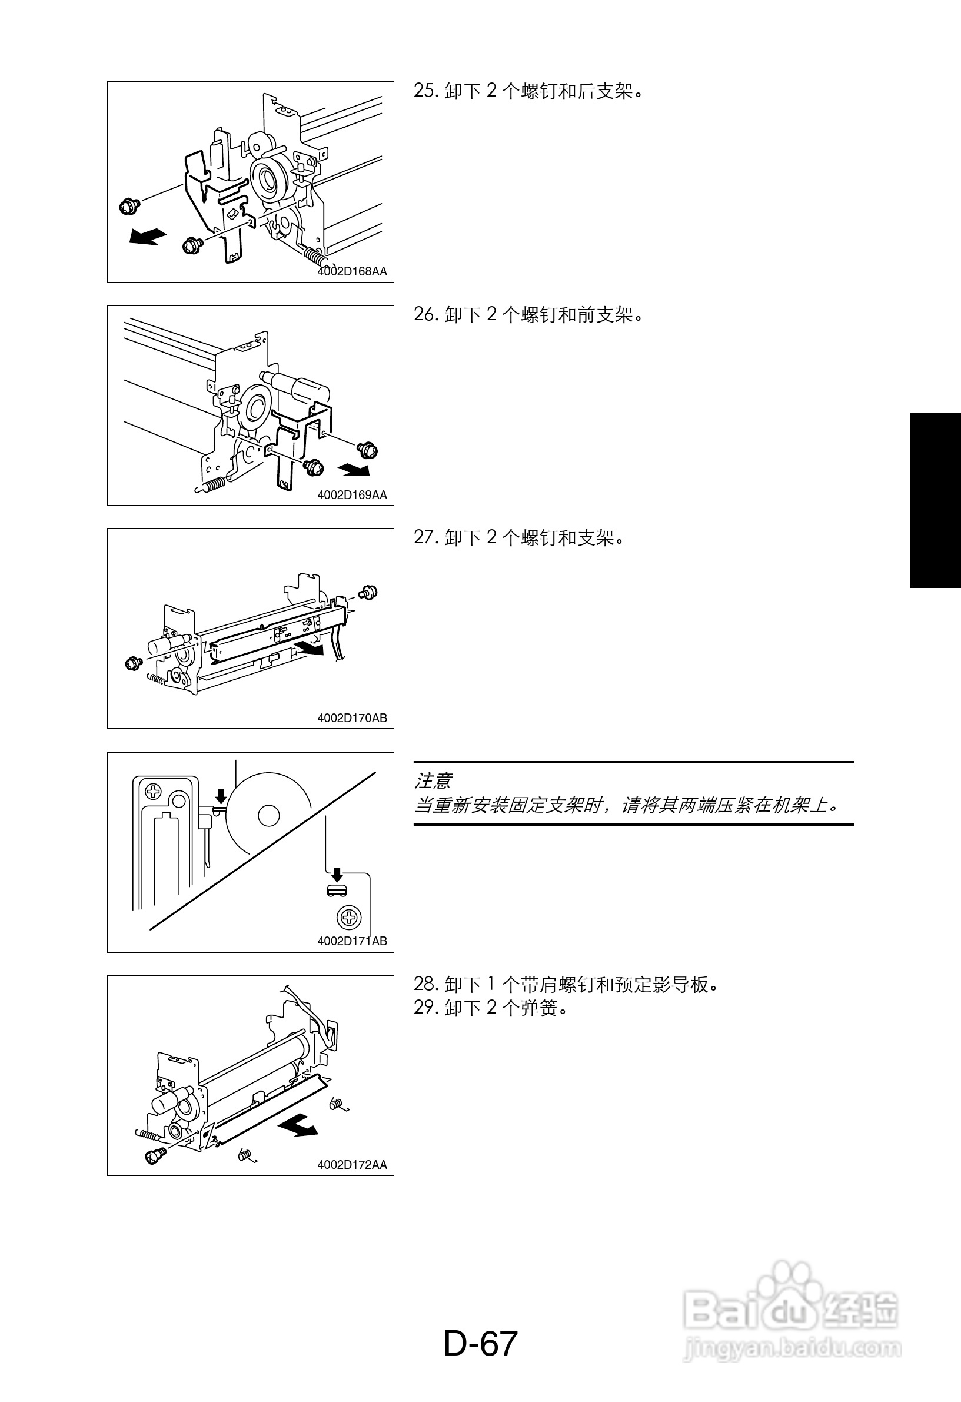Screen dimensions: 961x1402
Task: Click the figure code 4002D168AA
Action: [x=353, y=271]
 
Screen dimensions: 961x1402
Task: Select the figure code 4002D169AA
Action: [x=353, y=495]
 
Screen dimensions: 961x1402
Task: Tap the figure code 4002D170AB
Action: [x=353, y=719]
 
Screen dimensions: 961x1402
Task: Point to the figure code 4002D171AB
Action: [x=353, y=941]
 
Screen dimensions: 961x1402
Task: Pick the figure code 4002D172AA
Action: [x=353, y=1165]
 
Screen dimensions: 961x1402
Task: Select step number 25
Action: [x=425, y=91]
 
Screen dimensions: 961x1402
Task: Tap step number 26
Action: [x=425, y=314]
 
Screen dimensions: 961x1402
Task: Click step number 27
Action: [x=425, y=537]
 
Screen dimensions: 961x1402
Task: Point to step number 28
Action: [x=425, y=985]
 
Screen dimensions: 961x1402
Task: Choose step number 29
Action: [x=425, y=1008]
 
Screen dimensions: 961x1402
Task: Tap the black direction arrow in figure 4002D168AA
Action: [x=147, y=237]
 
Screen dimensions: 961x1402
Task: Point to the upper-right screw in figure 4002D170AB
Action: [x=368, y=593]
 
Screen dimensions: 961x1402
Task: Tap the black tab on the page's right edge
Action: [x=936, y=500]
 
